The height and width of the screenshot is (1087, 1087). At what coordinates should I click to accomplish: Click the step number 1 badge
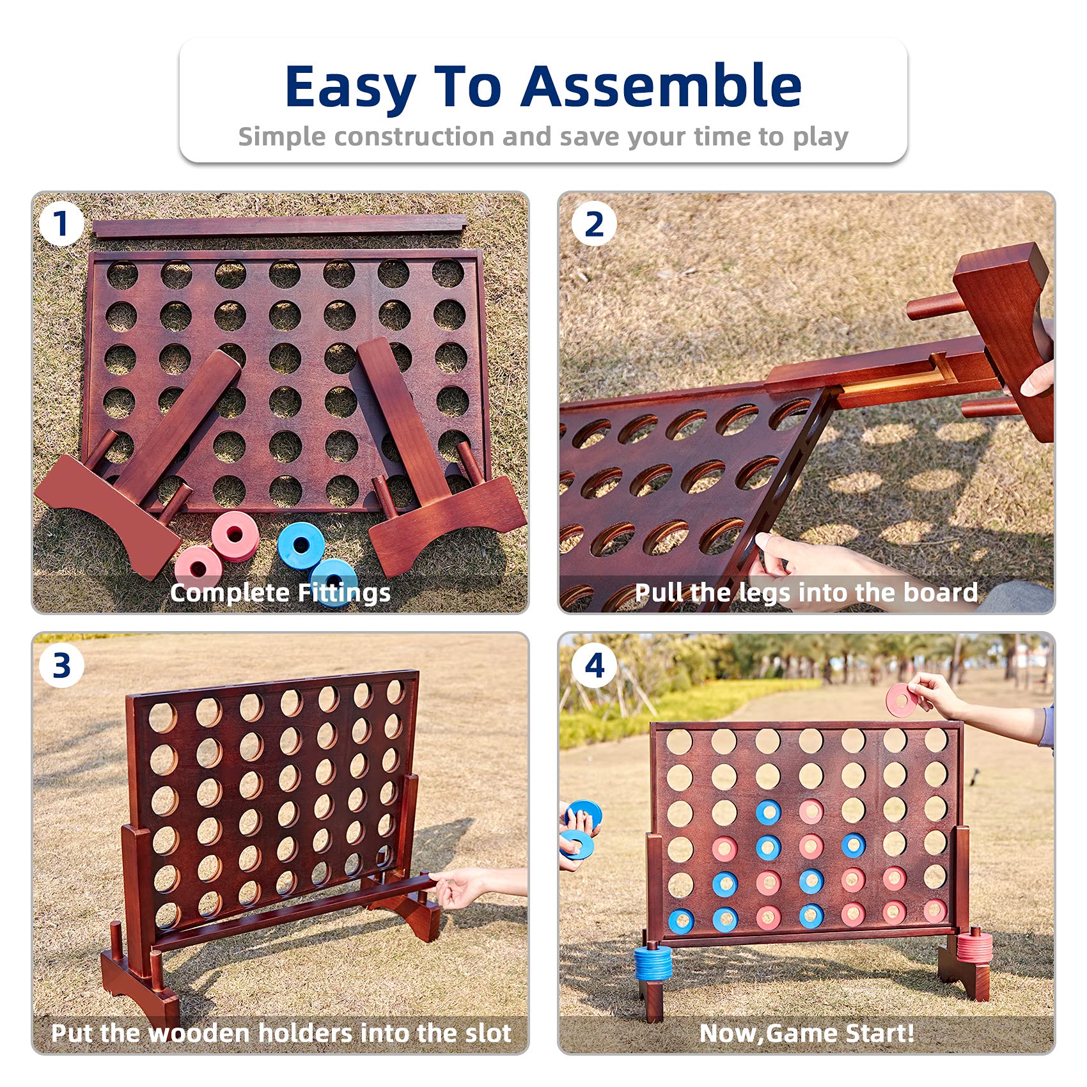(x=61, y=224)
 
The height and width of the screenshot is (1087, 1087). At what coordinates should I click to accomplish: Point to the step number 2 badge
(x=594, y=224)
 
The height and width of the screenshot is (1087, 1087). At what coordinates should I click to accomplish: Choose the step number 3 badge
(x=61, y=666)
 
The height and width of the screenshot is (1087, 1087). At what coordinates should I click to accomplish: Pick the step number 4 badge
(x=595, y=666)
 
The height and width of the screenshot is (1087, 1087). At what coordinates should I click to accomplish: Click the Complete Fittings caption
(x=280, y=593)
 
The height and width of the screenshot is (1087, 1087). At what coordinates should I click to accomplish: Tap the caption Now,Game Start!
(x=807, y=1033)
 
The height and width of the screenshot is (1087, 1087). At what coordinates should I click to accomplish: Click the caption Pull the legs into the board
(x=806, y=593)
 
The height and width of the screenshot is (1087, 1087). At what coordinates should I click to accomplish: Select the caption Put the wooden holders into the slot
(x=281, y=1033)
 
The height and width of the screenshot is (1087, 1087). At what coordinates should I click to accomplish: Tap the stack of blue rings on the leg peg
(x=653, y=964)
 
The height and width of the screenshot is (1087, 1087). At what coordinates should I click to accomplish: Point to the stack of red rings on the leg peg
(x=974, y=947)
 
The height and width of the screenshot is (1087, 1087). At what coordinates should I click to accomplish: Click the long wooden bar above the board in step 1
(x=280, y=226)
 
